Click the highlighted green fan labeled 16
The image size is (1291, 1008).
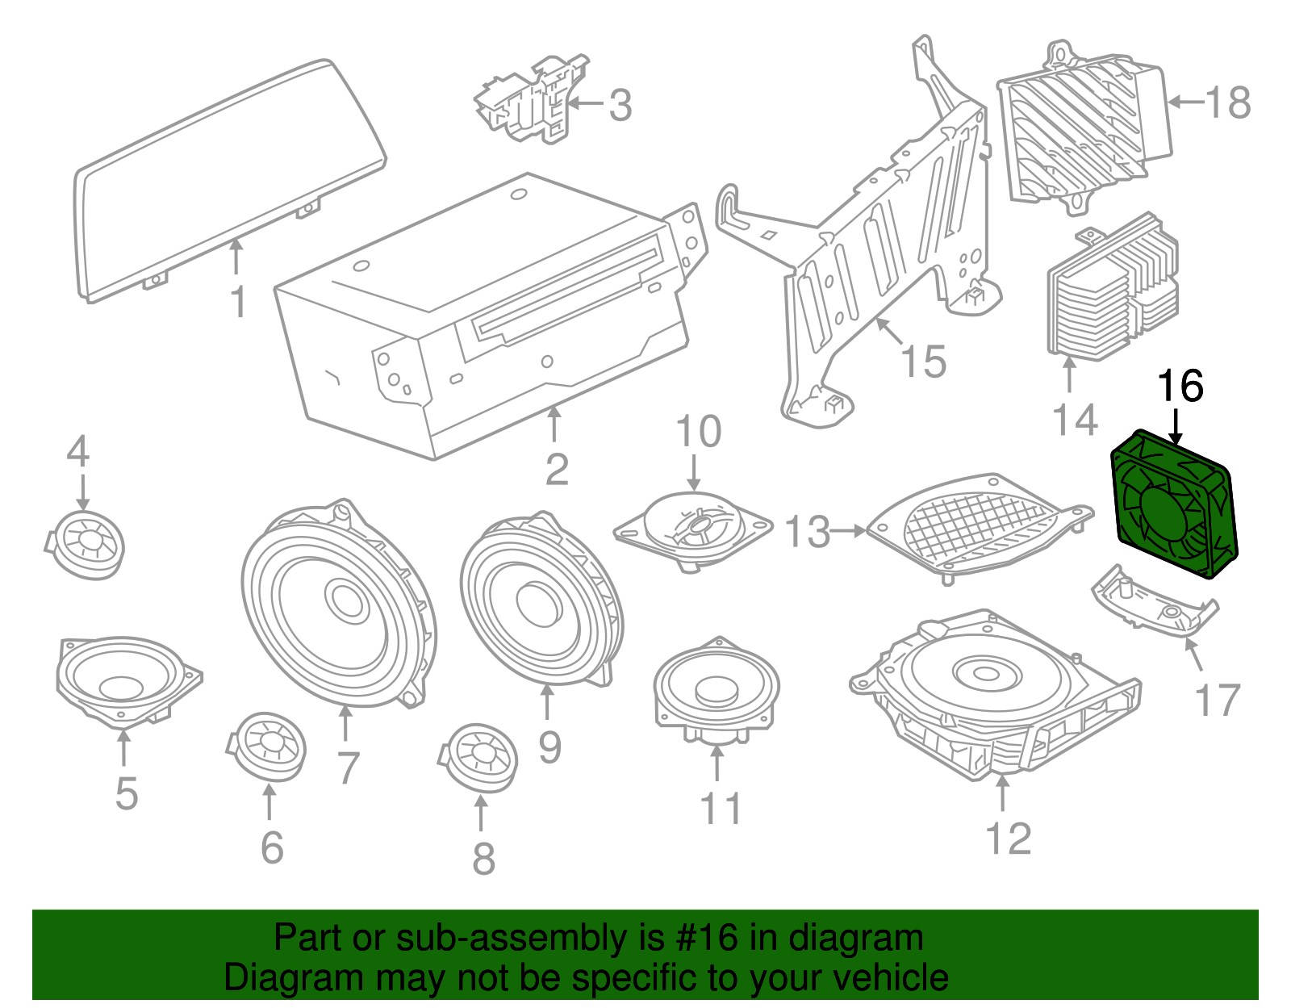pyautogui.click(x=1172, y=505)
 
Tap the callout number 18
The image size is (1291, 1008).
pyautogui.click(x=1227, y=103)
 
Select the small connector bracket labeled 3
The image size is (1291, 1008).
pyautogui.click(x=533, y=101)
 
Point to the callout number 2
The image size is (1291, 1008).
pyautogui.click(x=557, y=470)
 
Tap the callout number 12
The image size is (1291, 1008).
pyautogui.click(x=1008, y=839)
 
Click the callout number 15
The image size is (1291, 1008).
pyautogui.click(x=923, y=361)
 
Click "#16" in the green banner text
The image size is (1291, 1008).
pyautogui.click(x=701, y=939)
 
